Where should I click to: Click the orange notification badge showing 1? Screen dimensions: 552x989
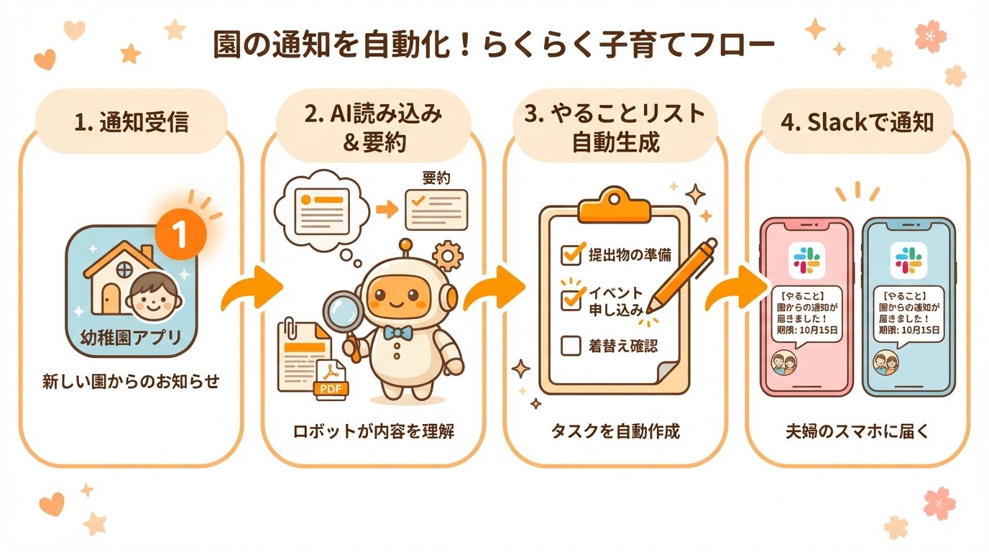point(180,232)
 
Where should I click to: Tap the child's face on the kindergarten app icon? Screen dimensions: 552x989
point(153,296)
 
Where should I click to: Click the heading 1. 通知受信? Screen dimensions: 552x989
point(131,122)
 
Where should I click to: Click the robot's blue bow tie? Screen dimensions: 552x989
point(398,332)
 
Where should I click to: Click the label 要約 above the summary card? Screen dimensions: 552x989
point(436,178)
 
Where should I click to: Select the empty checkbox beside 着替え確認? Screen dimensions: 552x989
point(571,346)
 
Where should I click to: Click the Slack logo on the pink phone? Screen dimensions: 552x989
point(805,260)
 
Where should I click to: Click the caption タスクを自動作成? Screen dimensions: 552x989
point(615,432)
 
